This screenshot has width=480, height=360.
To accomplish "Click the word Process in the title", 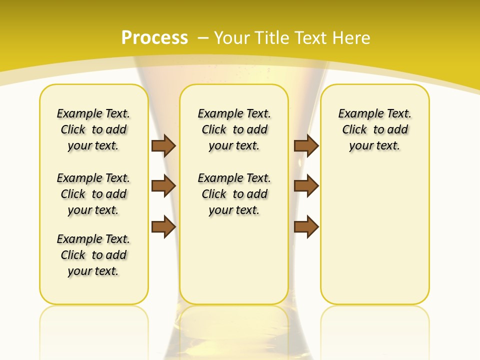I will [x=154, y=37].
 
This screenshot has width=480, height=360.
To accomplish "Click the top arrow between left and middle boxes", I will [x=163, y=145].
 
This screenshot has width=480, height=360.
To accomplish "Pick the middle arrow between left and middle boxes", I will [x=163, y=186].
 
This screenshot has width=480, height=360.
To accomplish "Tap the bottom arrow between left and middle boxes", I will [x=163, y=226].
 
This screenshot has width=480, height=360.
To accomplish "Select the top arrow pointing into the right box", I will [x=306, y=145].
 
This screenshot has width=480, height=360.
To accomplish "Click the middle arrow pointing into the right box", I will [x=306, y=186].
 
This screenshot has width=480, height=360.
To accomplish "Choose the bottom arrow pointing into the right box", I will [x=306, y=226].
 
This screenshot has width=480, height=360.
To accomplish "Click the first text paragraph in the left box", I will [x=93, y=129].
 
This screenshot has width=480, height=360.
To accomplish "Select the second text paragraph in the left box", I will [x=93, y=194].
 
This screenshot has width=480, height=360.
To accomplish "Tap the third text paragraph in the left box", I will [x=93, y=255].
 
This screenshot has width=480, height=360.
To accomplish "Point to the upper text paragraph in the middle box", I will [x=234, y=129].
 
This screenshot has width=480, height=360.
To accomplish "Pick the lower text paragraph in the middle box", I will [x=234, y=194].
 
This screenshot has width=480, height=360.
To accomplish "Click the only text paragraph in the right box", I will [x=374, y=129].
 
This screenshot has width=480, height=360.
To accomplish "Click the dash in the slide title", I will [x=203, y=38].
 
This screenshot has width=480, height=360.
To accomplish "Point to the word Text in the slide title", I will [x=309, y=38].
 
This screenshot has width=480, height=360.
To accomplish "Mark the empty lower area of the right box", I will [x=374, y=235].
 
